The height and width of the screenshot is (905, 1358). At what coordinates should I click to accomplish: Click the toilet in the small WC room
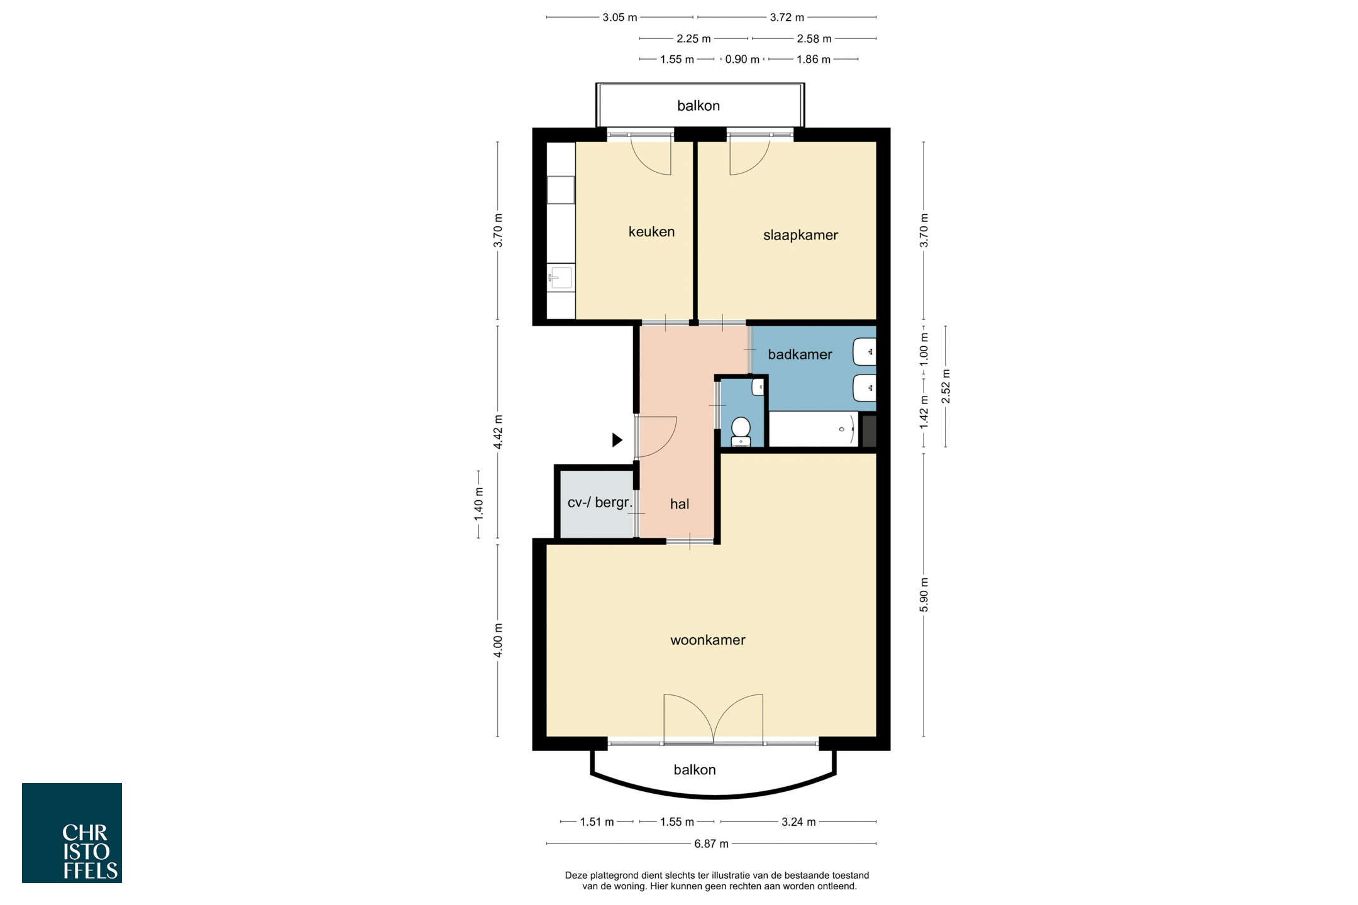tap(741, 431)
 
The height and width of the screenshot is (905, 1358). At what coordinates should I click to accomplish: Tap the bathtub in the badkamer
tap(814, 429)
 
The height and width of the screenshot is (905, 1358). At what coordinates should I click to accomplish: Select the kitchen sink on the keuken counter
tap(561, 277)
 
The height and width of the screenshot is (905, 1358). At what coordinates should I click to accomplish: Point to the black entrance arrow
tap(617, 440)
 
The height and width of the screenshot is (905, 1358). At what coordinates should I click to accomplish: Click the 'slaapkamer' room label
tap(800, 235)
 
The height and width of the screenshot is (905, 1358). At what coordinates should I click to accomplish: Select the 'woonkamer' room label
tap(708, 640)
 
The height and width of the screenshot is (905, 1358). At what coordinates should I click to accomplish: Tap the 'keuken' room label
tap(651, 231)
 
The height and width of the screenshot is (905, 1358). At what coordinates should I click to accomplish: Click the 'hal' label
tap(680, 503)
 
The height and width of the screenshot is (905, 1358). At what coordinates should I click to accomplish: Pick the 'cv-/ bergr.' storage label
tap(600, 503)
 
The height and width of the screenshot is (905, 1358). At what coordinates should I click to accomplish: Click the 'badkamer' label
tap(800, 354)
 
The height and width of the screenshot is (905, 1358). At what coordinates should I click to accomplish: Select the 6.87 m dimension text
tap(712, 843)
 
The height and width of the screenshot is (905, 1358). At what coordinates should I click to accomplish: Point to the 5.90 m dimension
tap(924, 594)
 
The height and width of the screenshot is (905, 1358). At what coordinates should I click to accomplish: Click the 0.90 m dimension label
tap(742, 59)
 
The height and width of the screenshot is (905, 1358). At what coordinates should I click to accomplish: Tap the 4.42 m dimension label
tap(498, 432)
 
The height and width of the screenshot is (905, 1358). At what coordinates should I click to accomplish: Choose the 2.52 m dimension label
tap(946, 386)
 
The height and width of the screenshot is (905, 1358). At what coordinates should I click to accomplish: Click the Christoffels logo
tap(72, 833)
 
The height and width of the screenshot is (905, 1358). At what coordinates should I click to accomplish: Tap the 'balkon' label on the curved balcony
tap(695, 770)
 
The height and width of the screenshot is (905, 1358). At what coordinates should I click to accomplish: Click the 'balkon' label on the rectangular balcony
tap(698, 106)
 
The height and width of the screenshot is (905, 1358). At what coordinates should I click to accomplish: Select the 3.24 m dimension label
tap(798, 821)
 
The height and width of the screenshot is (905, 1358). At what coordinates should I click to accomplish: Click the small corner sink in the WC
tap(758, 387)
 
